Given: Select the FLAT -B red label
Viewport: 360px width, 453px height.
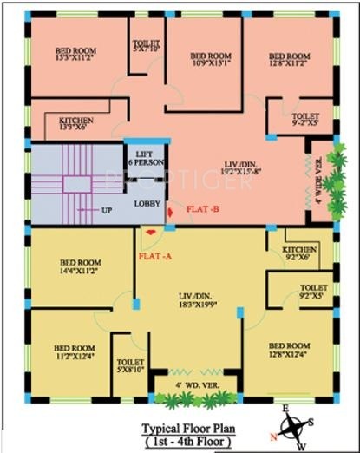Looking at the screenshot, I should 203,208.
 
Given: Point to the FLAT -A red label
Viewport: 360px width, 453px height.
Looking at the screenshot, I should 155,255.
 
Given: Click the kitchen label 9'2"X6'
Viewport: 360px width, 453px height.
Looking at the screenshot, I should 300,253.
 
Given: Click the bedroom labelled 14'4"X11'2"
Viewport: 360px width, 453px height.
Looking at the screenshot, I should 78,266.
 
